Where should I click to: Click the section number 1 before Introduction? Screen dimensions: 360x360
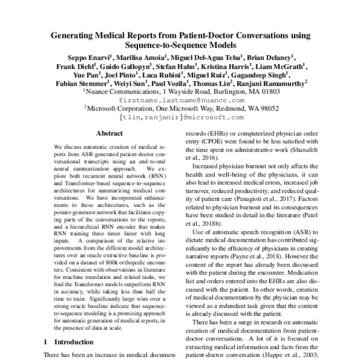(46, 342)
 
